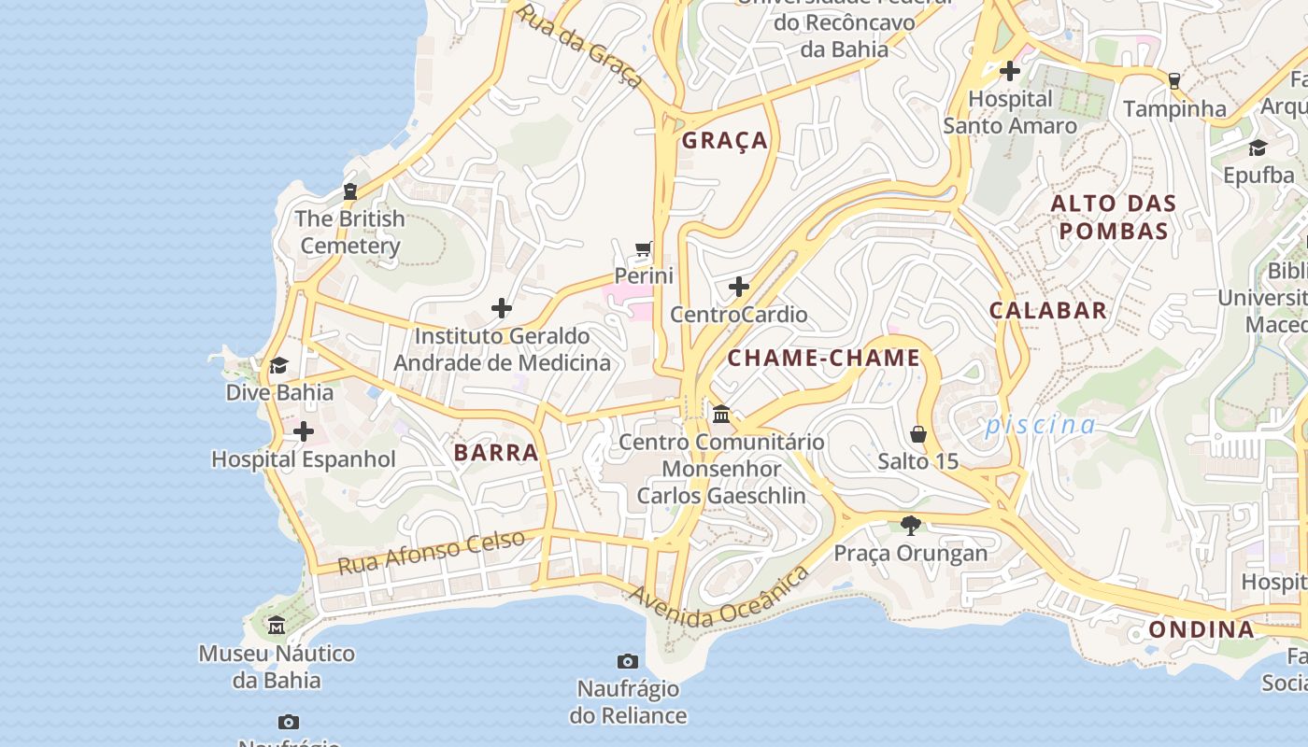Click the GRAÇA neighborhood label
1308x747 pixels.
click(x=724, y=141)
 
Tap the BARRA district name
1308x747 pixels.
click(x=496, y=453)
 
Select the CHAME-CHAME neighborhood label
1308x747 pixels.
click(x=823, y=359)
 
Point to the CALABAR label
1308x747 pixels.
click(x=1047, y=311)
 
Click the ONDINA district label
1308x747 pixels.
click(x=1201, y=629)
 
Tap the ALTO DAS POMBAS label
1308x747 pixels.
click(x=1113, y=217)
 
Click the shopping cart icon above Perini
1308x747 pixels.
click(x=643, y=249)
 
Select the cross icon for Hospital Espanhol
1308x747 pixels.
click(x=304, y=431)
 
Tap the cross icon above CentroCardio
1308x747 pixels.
click(x=738, y=287)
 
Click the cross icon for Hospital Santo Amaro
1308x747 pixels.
click(x=1009, y=71)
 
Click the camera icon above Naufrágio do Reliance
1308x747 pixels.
click(x=628, y=662)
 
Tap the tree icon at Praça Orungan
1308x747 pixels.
click(x=910, y=526)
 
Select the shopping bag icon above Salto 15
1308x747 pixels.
click(x=917, y=434)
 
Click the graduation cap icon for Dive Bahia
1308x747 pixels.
click(x=278, y=365)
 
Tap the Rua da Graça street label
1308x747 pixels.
click(x=580, y=46)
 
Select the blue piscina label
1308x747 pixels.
click(x=1041, y=426)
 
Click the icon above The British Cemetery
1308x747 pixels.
click(x=350, y=191)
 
